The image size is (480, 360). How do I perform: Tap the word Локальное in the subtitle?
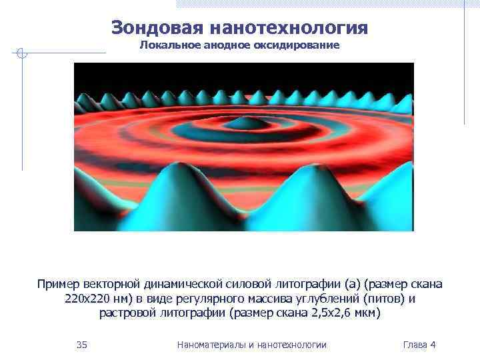[167, 45]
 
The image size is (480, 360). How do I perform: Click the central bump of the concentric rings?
[242, 123]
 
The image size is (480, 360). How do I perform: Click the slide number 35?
[82, 345]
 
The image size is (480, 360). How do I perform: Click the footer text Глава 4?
[419, 345]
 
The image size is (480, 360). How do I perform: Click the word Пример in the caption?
[58, 285]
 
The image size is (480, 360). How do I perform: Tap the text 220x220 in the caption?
[87, 299]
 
